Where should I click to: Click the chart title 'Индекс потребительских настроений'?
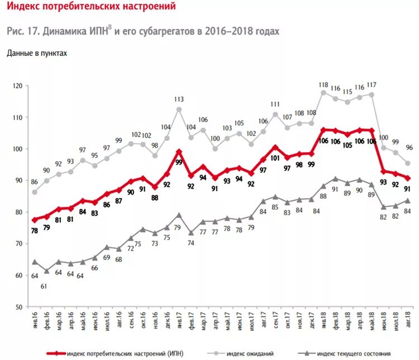click(x=91, y=8)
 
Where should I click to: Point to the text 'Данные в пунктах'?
click(x=37, y=53)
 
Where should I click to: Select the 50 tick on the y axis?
click(x=19, y=307)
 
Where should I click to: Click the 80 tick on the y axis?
click(x=19, y=212)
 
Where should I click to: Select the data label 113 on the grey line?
click(x=179, y=100)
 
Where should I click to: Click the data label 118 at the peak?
click(x=323, y=85)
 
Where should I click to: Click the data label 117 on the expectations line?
click(x=371, y=85)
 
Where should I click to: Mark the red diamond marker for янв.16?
click(x=35, y=220)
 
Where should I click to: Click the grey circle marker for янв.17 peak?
click(x=179, y=110)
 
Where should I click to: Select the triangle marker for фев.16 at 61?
click(x=47, y=271)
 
